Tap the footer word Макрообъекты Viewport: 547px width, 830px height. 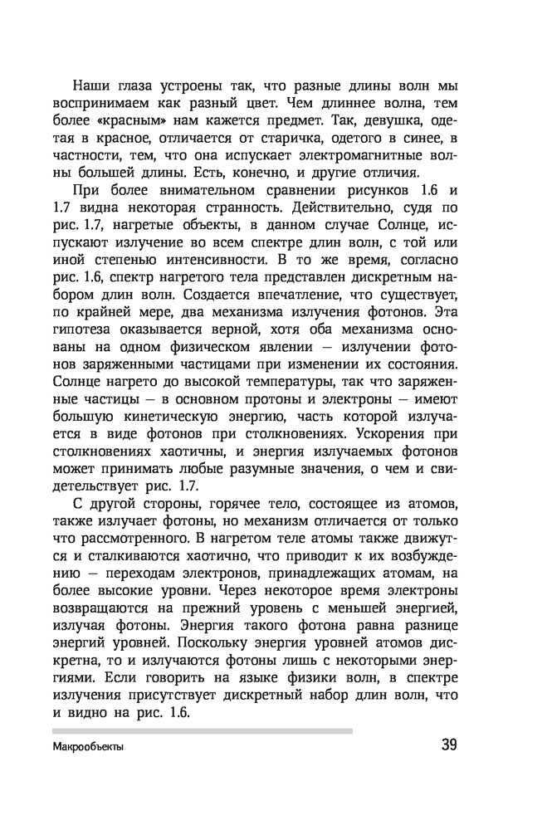87,747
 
